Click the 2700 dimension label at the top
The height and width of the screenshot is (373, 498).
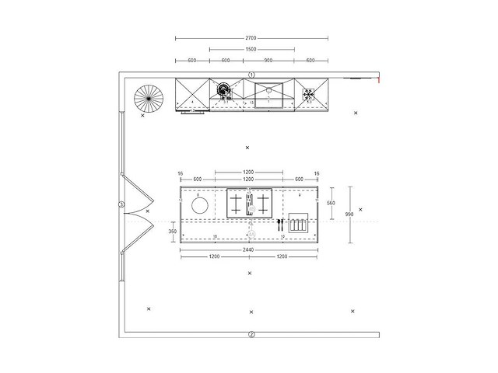[251, 37]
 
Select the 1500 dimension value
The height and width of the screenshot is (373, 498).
[251, 49]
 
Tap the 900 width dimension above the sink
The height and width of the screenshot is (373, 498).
[268, 61]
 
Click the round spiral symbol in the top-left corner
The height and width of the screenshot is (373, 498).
[147, 99]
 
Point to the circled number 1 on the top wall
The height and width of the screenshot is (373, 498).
[251, 75]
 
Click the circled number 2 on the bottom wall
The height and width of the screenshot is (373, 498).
[251, 335]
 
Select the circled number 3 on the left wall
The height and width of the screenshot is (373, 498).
[121, 204]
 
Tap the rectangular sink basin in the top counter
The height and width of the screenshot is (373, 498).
[269, 93]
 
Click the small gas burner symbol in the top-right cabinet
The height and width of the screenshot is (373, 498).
[310, 92]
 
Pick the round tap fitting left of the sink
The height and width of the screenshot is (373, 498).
[225, 91]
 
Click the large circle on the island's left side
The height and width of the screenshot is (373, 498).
[200, 206]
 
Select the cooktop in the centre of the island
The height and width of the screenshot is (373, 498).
[249, 204]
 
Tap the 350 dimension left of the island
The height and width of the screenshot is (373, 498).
[173, 231]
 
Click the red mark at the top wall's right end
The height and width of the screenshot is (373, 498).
[378, 78]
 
